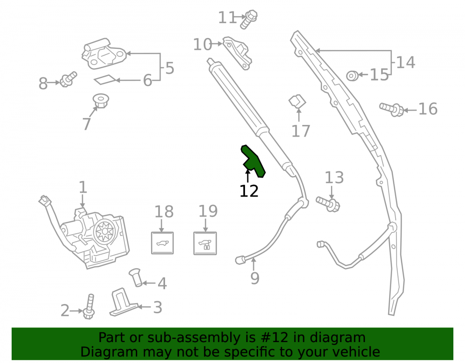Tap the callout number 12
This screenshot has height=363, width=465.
[x=249, y=191]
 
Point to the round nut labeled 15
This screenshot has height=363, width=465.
[x=352, y=76]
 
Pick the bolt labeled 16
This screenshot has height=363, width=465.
[x=392, y=109]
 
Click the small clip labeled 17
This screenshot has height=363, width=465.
[x=297, y=101]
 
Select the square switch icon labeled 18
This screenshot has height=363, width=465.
[x=162, y=243]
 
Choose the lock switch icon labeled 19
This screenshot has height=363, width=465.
[x=205, y=243]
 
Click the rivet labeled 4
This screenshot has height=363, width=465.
[x=136, y=277]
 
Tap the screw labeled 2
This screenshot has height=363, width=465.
[x=89, y=306]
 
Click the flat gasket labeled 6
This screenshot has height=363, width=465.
[x=105, y=80]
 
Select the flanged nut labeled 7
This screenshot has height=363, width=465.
[x=100, y=101]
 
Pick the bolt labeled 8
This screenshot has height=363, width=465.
[x=68, y=79]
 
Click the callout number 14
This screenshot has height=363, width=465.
[x=405, y=63]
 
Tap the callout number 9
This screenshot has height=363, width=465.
[x=255, y=278]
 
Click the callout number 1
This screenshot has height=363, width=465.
[x=83, y=187]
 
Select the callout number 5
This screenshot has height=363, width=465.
[x=170, y=68]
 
